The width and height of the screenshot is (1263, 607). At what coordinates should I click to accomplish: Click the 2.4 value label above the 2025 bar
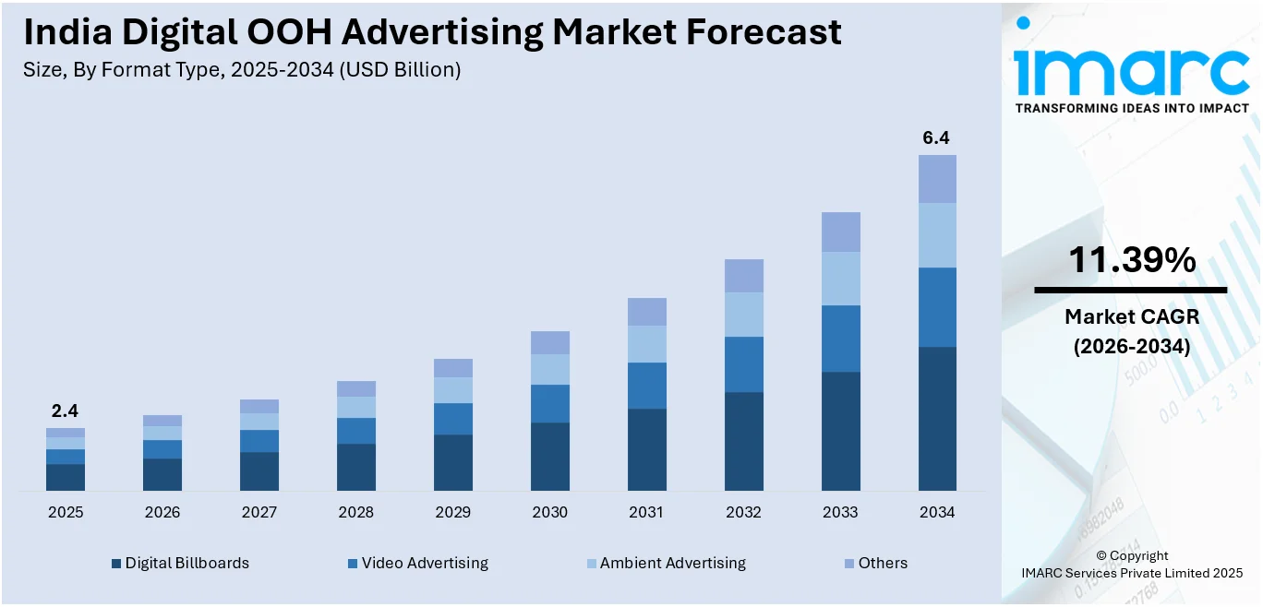(x=65, y=411)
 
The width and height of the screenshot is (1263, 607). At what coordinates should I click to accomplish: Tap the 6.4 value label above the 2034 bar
(x=936, y=138)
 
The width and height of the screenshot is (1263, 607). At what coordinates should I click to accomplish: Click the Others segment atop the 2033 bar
(x=840, y=232)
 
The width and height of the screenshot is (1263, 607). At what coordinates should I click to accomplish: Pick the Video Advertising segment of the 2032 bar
(x=743, y=364)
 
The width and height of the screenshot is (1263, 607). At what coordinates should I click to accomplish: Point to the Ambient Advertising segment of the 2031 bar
(x=646, y=344)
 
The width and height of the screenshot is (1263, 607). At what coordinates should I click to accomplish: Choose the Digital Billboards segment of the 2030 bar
(x=549, y=456)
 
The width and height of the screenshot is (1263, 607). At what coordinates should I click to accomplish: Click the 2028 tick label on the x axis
(x=355, y=512)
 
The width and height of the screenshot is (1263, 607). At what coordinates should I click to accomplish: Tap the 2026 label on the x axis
(x=162, y=512)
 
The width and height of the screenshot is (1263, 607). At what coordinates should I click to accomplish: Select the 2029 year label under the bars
(x=452, y=512)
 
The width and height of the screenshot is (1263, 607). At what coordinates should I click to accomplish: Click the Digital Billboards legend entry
(x=180, y=563)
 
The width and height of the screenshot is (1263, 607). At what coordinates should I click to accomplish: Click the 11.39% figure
(x=1131, y=261)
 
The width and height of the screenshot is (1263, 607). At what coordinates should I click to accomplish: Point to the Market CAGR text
(x=1131, y=316)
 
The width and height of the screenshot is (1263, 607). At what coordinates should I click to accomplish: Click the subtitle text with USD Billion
(x=242, y=69)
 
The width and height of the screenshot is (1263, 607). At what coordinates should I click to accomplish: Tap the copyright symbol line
(x=1131, y=555)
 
